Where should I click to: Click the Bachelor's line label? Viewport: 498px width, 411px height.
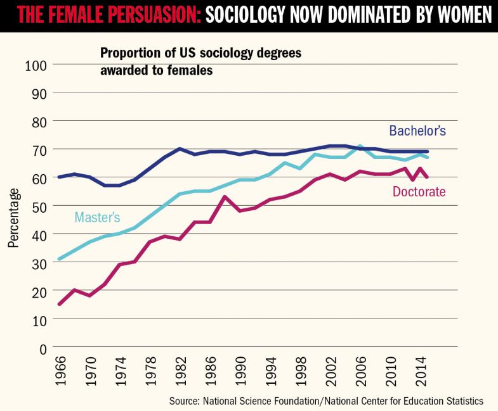click(417, 131)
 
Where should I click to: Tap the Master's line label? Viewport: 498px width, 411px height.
click(97, 217)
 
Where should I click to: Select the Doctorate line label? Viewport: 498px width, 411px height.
click(418, 191)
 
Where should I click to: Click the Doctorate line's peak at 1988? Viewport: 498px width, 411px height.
click(225, 196)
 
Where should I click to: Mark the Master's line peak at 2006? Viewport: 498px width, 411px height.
click(360, 146)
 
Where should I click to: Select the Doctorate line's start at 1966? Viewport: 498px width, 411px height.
click(60, 305)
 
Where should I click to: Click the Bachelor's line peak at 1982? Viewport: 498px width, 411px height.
click(180, 149)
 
